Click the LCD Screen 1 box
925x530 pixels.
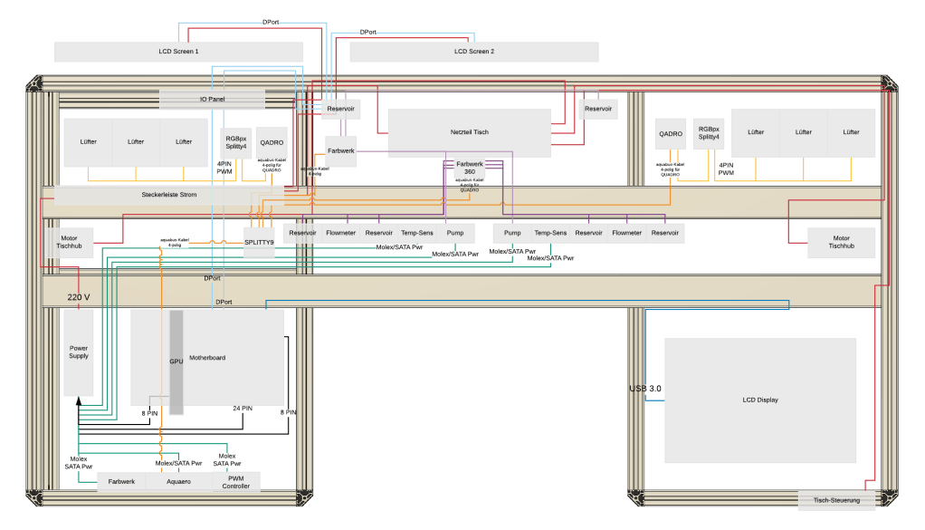177,52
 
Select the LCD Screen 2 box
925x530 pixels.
473,52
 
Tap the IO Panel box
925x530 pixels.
213,98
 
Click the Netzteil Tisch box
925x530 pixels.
469,132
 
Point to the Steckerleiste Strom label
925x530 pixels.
169,194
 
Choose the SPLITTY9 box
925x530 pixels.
259,242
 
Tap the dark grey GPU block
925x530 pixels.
176,361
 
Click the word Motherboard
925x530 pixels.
207,358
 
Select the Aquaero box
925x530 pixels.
179,482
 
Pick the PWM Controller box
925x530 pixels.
235,482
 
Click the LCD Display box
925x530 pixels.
760,400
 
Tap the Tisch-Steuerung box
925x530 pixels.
836,500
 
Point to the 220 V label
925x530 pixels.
79,296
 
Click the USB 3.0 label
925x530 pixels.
645,389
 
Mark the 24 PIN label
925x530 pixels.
243,409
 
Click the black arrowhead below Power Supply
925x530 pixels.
79,401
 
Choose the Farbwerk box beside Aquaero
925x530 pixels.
121,482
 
